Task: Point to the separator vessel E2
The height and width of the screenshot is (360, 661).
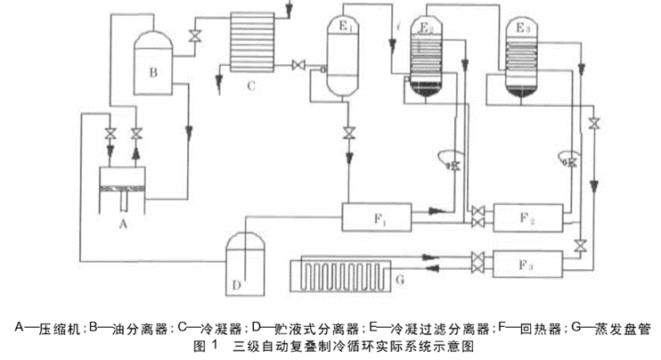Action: coord(429,57)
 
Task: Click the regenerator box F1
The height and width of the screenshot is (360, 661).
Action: coord(374,214)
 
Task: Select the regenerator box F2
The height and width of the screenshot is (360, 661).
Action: coord(527,215)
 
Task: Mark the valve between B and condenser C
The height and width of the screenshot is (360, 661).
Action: coord(194,36)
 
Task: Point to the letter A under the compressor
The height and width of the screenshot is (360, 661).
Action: coord(124,225)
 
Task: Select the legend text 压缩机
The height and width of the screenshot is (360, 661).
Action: coord(59,328)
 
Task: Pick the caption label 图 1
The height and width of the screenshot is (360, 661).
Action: coord(204,344)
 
